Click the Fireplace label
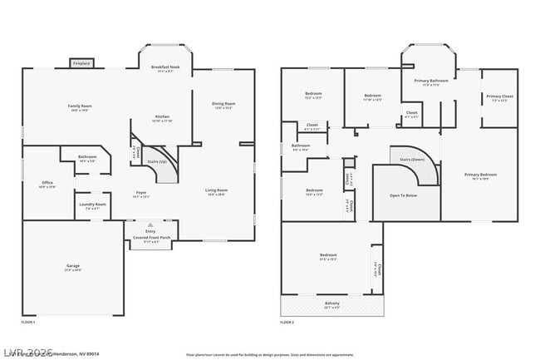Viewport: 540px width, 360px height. (81, 63)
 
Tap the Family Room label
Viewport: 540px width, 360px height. (80, 106)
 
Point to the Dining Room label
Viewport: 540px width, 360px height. (223, 104)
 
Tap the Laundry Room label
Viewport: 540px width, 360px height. (92, 204)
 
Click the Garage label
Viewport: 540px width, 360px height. (73, 266)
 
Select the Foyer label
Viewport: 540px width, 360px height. (141, 193)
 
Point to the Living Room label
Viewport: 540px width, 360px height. (217, 190)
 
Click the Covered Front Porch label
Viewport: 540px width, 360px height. (150, 237)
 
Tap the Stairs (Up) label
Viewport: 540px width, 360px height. (157, 161)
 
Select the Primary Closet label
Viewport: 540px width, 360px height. (499, 96)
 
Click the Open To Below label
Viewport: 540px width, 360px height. (403, 195)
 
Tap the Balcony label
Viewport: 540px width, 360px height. (331, 303)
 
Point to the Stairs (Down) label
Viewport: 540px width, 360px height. (411, 158)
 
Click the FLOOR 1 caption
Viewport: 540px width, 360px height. (29, 322)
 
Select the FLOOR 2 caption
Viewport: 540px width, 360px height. (287, 322)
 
